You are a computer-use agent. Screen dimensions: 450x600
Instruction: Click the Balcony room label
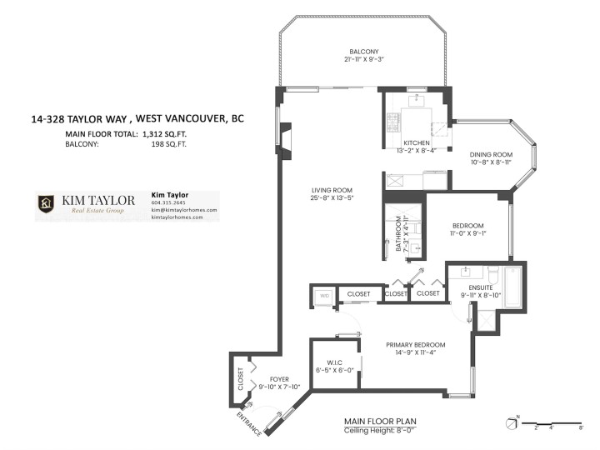click(x=363, y=49)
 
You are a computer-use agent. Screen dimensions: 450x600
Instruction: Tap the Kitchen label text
click(x=416, y=142)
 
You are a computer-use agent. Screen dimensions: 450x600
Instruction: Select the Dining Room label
click(x=491, y=155)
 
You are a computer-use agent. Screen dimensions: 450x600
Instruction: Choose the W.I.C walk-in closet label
click(x=334, y=362)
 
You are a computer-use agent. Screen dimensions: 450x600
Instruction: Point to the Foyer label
click(x=267, y=379)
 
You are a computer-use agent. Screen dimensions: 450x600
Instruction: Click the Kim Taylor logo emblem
click(x=47, y=204)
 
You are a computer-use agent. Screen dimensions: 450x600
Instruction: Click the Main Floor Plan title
click(x=377, y=422)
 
